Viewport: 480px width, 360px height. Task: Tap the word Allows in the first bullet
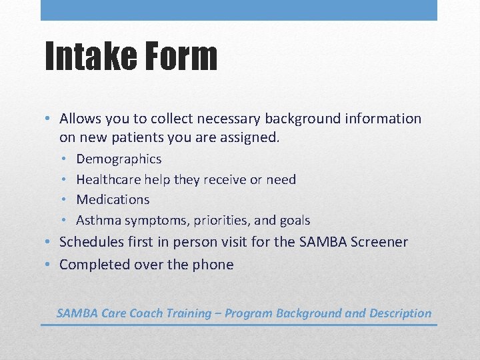point(81,119)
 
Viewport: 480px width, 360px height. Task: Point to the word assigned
point(253,138)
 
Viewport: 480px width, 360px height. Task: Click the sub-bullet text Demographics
point(119,159)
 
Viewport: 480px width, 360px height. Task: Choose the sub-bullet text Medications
point(113,199)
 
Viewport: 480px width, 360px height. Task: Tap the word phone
point(213,265)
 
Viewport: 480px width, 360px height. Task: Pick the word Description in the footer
point(397,313)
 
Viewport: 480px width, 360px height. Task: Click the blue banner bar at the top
point(239,10)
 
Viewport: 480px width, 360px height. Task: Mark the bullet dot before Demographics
point(61,159)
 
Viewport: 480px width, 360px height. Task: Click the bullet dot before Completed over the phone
point(49,265)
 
